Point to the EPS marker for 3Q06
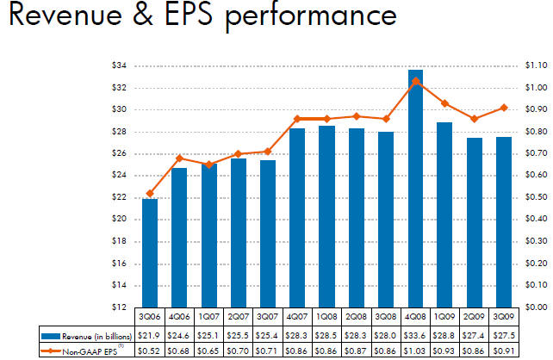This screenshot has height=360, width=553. [x=150, y=193]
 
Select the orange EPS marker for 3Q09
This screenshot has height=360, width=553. [x=480, y=108]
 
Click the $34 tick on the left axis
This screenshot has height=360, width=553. [x=121, y=65]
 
